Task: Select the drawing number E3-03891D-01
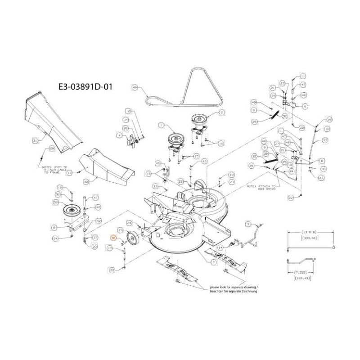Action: coord(84,86)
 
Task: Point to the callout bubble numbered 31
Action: coord(35,141)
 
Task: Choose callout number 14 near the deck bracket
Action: coord(220,247)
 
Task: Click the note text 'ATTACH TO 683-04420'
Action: coord(262,187)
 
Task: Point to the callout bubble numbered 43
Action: coord(325,140)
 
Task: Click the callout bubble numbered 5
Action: coord(306,107)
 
